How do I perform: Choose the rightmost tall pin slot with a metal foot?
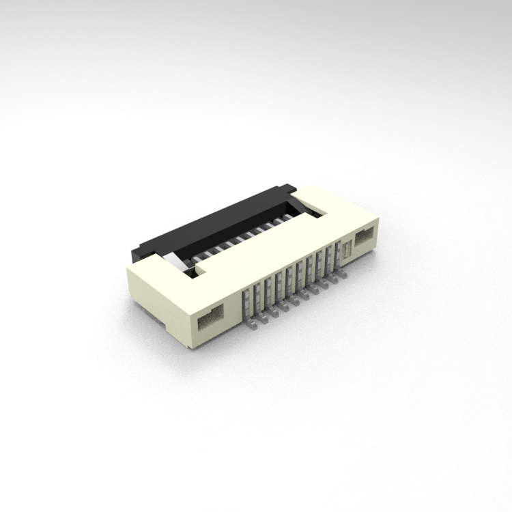point(335,254)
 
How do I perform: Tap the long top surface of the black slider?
point(212,218)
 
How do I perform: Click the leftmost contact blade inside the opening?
point(198,255)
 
